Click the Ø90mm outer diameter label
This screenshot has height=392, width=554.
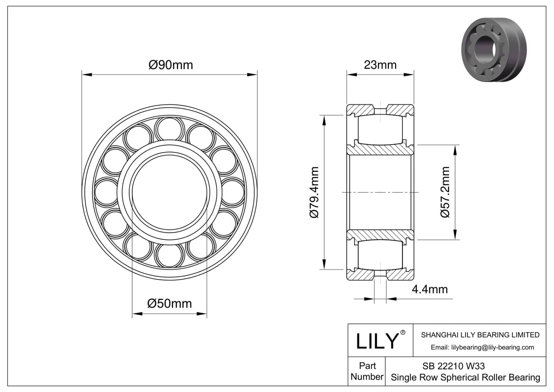point(170,65)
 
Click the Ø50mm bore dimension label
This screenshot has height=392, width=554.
point(169,304)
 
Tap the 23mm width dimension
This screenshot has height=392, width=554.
point(380,65)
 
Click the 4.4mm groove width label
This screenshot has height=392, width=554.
point(429,289)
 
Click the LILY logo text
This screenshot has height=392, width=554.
point(377,341)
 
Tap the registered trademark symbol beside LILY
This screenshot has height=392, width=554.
point(403,332)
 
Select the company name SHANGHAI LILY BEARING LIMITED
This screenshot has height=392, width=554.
point(480,335)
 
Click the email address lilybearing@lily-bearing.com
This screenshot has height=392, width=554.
point(482,347)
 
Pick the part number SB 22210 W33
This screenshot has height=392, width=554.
point(453,366)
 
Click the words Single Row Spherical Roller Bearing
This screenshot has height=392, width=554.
point(465,377)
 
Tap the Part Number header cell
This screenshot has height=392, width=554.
point(367,371)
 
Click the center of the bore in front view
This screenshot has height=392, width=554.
point(170,193)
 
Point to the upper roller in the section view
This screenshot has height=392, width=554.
point(380,129)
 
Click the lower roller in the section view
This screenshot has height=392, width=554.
point(380,255)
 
